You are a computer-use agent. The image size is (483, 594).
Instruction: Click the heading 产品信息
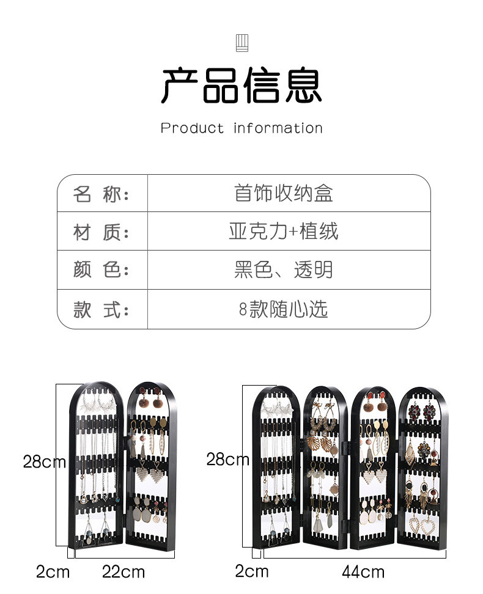click(x=242, y=86)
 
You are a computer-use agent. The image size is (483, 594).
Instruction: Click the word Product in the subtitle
click(x=193, y=128)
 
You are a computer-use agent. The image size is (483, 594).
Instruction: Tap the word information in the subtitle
click(x=278, y=128)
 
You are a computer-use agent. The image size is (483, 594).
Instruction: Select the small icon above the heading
click(x=242, y=43)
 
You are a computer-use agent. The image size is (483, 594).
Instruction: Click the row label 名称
click(x=101, y=194)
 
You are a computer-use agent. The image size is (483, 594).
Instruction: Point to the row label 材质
click(x=101, y=232)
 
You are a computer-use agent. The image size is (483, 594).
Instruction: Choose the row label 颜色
click(x=101, y=270)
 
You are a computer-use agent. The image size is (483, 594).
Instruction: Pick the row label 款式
click(x=101, y=309)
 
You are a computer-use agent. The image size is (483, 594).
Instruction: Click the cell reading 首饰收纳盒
click(x=284, y=194)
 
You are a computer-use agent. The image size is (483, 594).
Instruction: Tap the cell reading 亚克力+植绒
click(x=284, y=232)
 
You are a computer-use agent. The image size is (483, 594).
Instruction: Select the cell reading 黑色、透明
click(x=284, y=270)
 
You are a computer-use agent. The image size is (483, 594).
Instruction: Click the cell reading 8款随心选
click(x=284, y=309)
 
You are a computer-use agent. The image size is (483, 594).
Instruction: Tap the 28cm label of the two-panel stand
click(x=44, y=461)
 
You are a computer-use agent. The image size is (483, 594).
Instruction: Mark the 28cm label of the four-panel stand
click(x=227, y=459)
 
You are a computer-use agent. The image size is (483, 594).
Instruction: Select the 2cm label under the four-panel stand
click(x=252, y=571)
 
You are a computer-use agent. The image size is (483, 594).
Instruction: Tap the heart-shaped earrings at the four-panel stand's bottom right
click(x=422, y=526)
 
